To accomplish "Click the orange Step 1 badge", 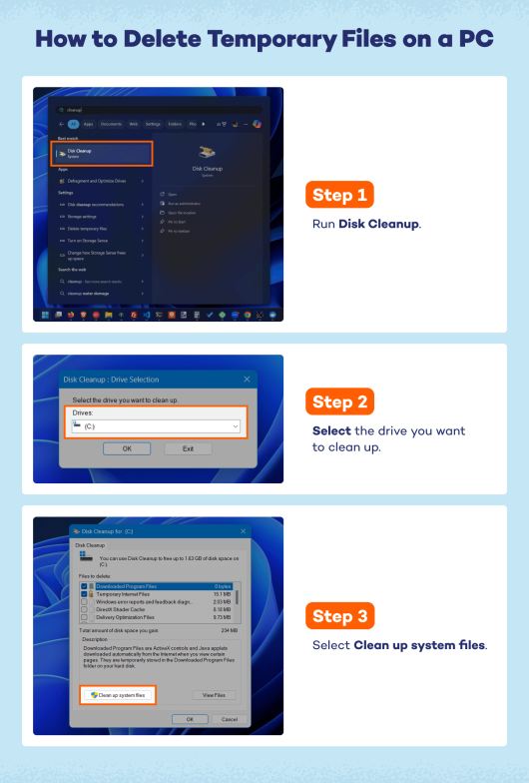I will click(x=343, y=194).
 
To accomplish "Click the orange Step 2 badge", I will click(x=343, y=402).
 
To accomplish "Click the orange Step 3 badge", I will click(x=343, y=616).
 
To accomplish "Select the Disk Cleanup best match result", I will click(x=101, y=153).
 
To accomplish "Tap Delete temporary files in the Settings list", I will click(x=89, y=228).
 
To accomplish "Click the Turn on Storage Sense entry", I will click(x=91, y=241).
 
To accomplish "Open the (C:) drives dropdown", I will click(x=156, y=426).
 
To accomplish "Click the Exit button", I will click(x=188, y=448).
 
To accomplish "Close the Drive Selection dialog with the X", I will click(x=247, y=380).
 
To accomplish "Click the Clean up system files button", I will click(x=118, y=694).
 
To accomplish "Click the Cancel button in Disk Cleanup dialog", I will click(x=229, y=719).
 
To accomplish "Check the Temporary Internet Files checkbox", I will click(x=85, y=593).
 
